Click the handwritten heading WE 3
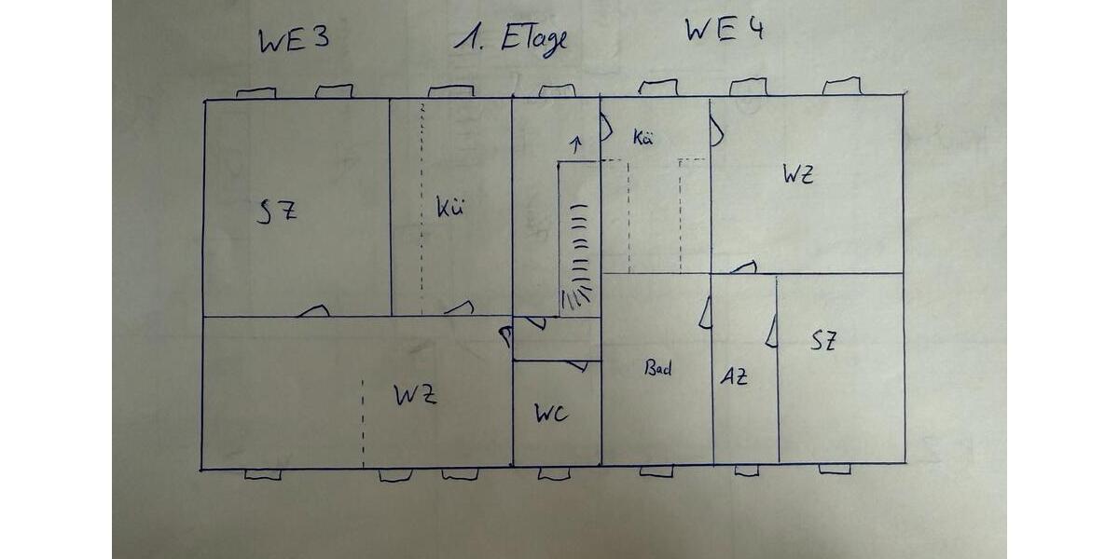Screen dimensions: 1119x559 (295, 40)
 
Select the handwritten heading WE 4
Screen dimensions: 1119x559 (725, 30)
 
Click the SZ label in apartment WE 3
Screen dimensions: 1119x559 (277, 211)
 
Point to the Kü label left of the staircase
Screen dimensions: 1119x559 (450, 207)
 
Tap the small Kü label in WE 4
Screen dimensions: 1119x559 (642, 137)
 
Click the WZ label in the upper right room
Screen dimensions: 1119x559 (798, 174)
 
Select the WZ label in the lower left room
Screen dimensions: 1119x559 (416, 395)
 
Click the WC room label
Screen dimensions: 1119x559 (551, 414)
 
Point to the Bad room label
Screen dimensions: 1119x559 (658, 368)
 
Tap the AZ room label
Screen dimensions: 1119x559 (734, 376)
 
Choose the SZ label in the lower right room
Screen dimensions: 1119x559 (823, 341)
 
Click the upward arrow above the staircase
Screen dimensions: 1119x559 (577, 143)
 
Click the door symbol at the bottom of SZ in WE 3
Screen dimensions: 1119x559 (313, 311)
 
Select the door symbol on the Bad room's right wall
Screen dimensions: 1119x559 (705, 313)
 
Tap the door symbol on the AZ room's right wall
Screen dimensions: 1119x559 (772, 331)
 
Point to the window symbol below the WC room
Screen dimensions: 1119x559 (554, 472)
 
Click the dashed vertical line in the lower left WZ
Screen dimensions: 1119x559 (363, 424)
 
